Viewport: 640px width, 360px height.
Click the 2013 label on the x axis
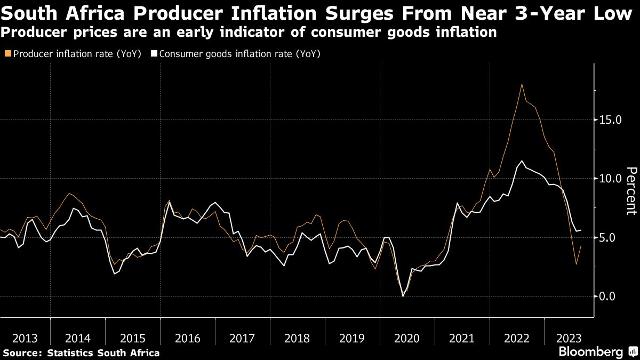tap(24, 338)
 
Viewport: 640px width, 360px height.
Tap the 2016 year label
tap(188, 338)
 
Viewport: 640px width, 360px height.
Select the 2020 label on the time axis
tap(407, 338)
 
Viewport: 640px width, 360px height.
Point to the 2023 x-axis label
tap(570, 338)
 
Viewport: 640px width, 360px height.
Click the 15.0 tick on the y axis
tap(611, 120)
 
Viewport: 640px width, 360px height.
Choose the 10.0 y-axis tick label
tap(611, 179)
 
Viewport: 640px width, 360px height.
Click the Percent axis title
tap(631, 190)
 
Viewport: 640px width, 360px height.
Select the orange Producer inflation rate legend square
tap(6, 54)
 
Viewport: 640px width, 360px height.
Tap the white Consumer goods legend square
tap(154, 54)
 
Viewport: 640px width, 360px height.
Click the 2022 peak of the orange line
tap(522, 84)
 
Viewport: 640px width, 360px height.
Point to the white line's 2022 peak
tap(522, 161)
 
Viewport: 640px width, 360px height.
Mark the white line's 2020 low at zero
tap(403, 295)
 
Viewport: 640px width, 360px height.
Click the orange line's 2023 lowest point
tap(576, 264)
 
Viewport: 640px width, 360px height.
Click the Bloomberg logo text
tap(590, 352)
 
